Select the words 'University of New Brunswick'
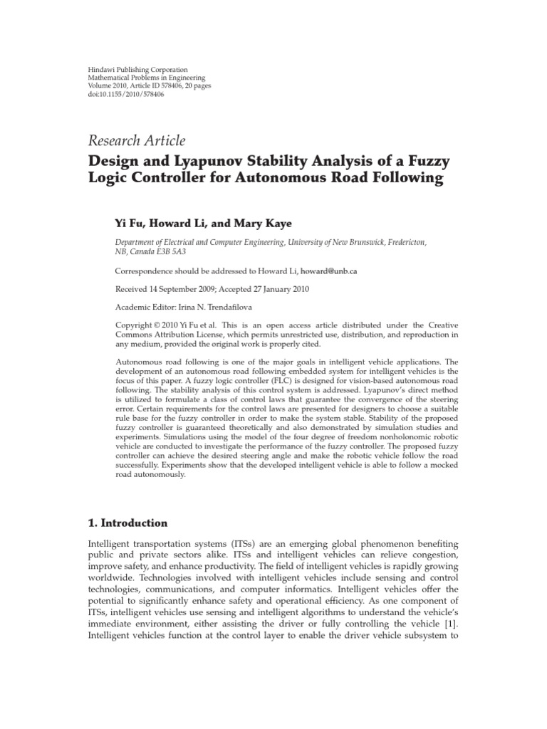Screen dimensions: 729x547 coord(335,243)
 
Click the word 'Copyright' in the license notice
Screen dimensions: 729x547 coord(132,325)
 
